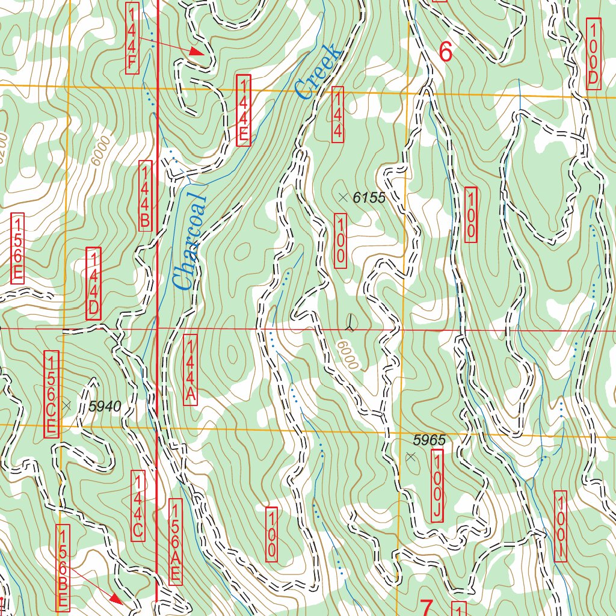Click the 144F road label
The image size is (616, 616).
[133, 38]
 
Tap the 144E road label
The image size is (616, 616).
[243, 110]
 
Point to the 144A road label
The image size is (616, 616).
[189, 370]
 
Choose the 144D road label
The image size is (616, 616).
[94, 283]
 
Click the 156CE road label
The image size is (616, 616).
[52, 394]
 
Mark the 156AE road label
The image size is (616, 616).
[176, 541]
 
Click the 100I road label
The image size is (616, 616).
[560, 526]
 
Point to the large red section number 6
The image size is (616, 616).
[445, 52]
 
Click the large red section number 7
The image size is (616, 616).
[426, 608]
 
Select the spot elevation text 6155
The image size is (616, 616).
[369, 197]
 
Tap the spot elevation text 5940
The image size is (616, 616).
[105, 407]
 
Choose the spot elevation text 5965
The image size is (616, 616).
[430, 440]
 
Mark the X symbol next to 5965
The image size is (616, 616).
[411, 458]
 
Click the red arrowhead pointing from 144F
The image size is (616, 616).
[197, 52]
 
